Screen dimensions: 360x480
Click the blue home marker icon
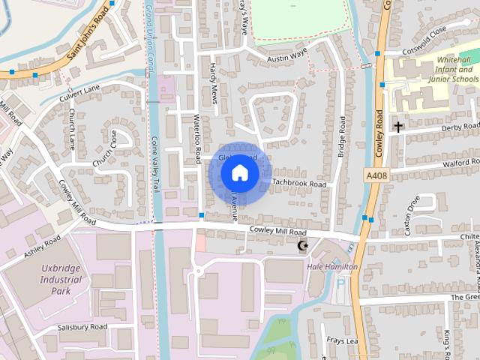tap(239, 173)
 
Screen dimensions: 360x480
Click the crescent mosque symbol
tap(304, 246)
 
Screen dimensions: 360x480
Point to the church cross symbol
tap(397, 127)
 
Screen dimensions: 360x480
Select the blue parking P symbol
tap(342, 284)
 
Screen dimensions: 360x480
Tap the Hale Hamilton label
tap(332, 267)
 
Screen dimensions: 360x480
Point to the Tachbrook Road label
tap(299, 183)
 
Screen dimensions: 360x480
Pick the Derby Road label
tap(460, 127)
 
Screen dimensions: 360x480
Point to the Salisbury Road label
tap(82, 327)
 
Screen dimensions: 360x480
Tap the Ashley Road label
tap(42, 246)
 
